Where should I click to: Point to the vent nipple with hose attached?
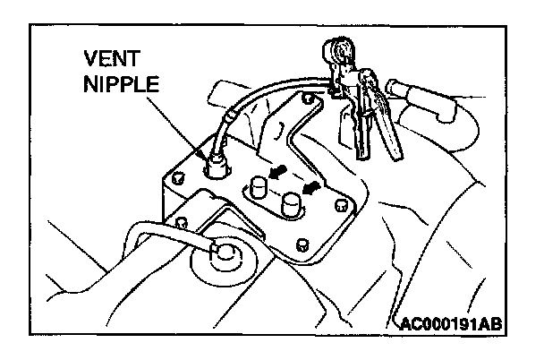pyautogui.click(x=215, y=165)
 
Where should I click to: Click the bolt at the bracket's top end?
pyautogui.click(x=308, y=96)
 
